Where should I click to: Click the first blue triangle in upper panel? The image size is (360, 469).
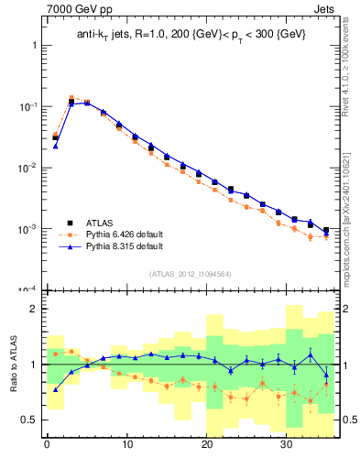pos(55,146)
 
